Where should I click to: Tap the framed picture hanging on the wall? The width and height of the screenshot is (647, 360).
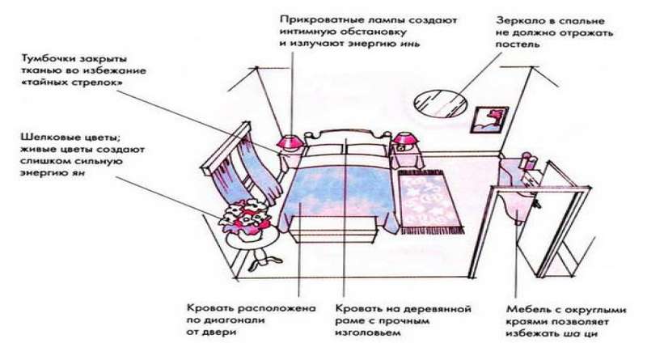(x=488, y=119)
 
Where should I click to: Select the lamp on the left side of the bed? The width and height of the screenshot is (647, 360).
(x=287, y=142)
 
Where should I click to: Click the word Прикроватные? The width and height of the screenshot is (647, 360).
(x=318, y=17)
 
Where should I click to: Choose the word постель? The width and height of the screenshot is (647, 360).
(x=513, y=46)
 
